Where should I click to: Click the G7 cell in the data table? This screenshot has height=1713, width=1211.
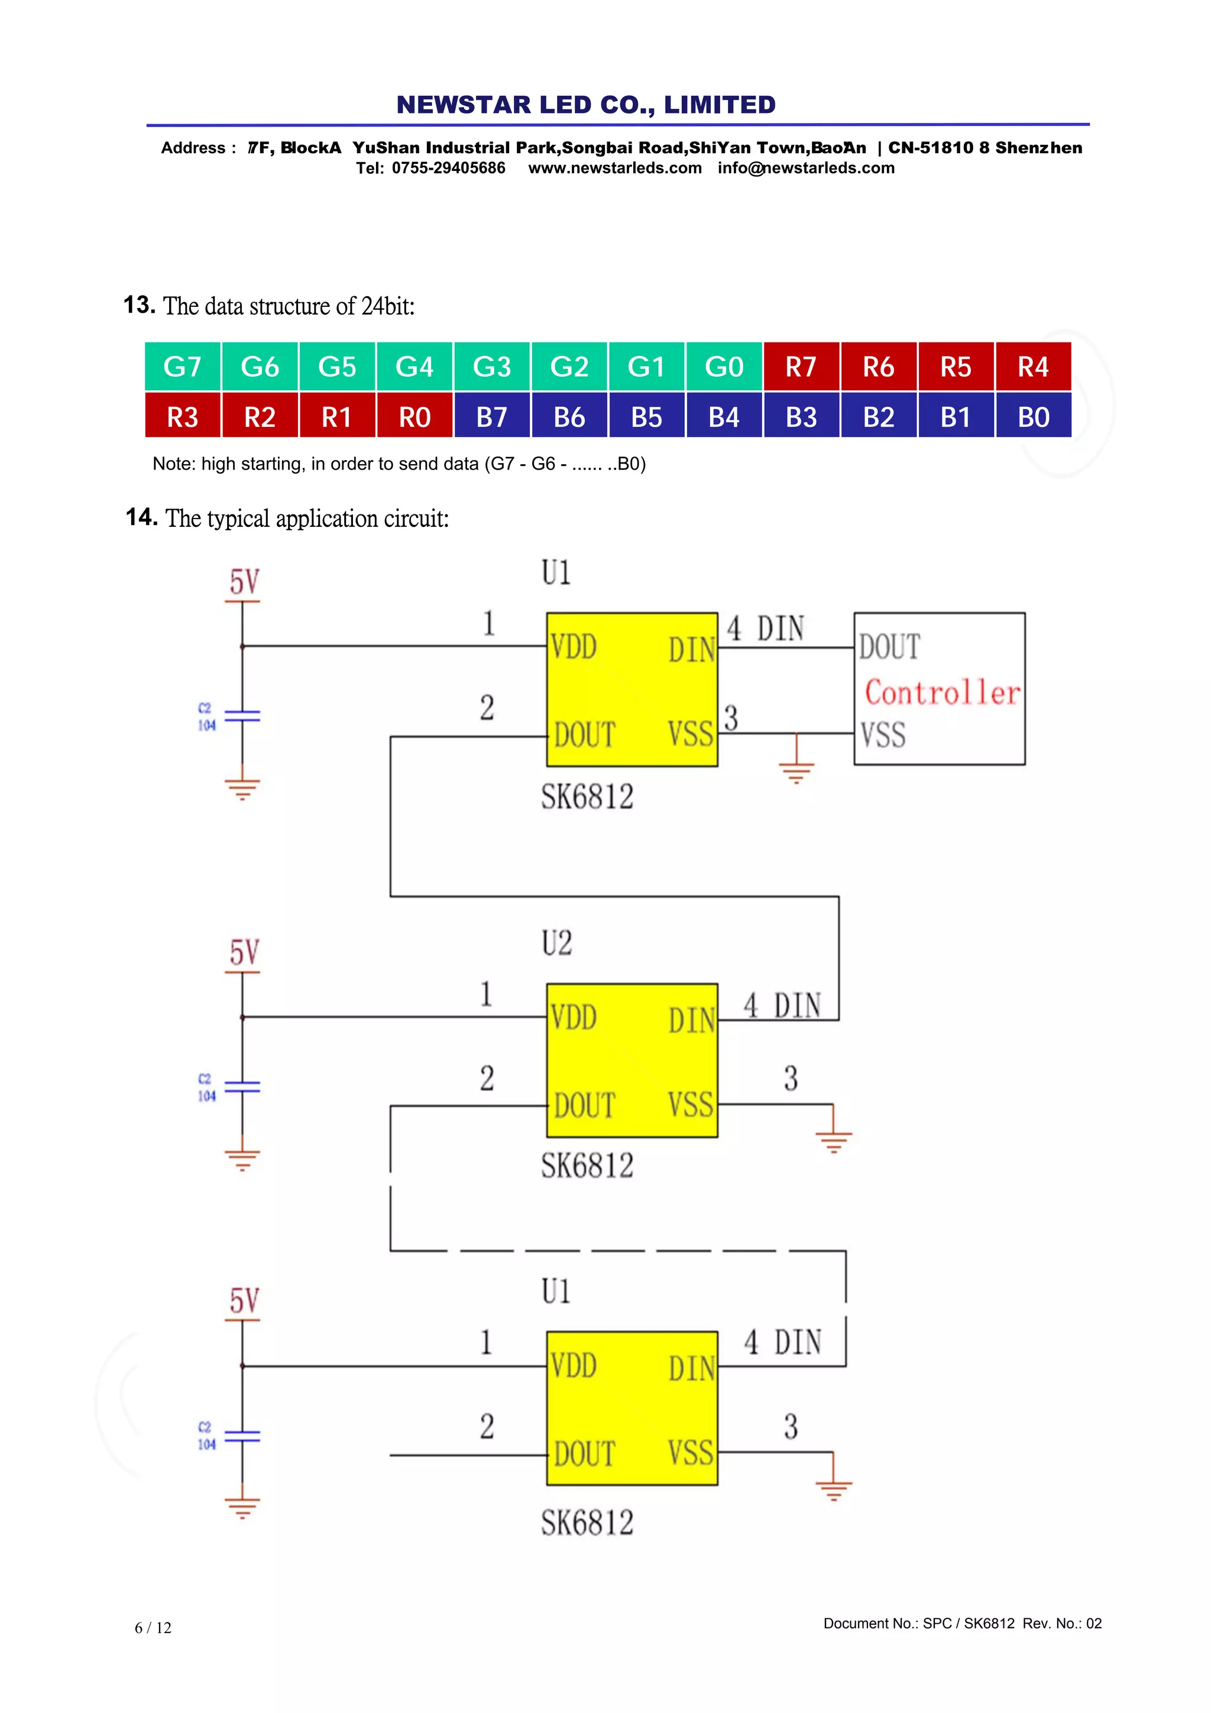182,367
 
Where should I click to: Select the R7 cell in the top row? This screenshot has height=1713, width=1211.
801,367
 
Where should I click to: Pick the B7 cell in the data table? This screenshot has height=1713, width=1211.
492,416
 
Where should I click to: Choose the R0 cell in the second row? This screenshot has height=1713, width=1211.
414,416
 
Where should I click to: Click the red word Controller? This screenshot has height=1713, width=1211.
941,692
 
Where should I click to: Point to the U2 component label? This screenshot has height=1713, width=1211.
556,943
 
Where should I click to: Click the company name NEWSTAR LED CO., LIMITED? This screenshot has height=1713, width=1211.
586,105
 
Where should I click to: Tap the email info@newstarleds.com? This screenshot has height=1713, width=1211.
806,168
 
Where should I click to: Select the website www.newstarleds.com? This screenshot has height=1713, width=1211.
615,168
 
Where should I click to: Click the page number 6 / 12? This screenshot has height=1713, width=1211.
153,1628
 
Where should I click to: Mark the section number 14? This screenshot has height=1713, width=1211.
141,517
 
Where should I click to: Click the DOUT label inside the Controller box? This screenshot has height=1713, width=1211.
889,647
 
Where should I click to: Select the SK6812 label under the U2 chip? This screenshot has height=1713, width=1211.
587,1166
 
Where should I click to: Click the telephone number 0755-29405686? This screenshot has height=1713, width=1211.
448,168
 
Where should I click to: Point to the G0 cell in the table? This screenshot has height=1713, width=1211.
724,367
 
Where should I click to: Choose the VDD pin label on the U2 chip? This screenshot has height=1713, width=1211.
573,1017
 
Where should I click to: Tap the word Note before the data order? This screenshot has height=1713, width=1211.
172,464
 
